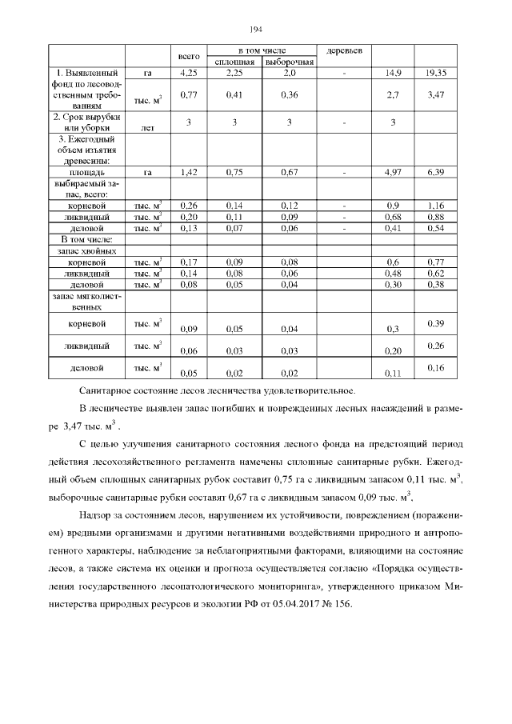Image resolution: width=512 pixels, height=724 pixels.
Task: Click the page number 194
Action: [256, 30]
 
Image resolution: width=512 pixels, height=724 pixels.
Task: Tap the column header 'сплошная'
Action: [234, 62]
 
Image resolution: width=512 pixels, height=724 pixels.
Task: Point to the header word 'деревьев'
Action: [345, 51]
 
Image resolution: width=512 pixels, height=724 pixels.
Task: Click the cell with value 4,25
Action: [188, 74]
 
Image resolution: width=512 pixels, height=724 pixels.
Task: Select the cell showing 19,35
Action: [436, 74]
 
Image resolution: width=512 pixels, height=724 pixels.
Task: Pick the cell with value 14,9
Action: [393, 74]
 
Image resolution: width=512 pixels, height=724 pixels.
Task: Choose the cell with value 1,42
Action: [188, 172]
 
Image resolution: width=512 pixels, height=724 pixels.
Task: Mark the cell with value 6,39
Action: [436, 172]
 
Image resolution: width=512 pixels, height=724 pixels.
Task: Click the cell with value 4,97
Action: [393, 172]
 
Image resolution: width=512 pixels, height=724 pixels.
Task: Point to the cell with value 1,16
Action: [436, 206]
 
